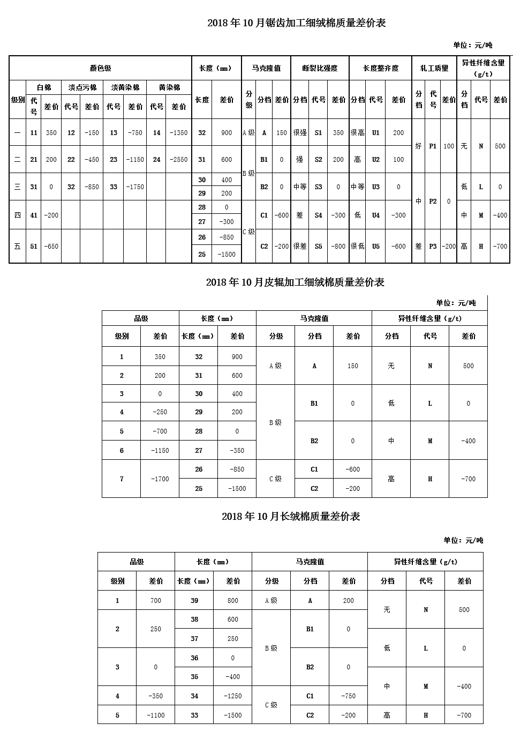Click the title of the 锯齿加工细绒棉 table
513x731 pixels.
(296, 23)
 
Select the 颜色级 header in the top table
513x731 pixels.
(100, 68)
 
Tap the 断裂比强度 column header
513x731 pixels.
(320, 68)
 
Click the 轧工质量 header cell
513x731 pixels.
(434, 68)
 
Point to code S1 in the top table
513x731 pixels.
(319, 133)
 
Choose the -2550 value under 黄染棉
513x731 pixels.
(178, 160)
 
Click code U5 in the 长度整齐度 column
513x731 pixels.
(376, 247)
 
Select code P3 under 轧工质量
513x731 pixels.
(433, 247)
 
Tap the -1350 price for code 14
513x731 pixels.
(178, 133)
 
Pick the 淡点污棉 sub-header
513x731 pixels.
(82, 87)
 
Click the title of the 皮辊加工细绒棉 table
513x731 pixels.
(295, 282)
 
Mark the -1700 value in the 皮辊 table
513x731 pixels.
(160, 479)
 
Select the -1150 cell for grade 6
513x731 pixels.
(160, 451)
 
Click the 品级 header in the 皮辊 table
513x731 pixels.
(140, 318)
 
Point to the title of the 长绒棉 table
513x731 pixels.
(290, 517)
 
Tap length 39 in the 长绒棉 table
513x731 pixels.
(194, 601)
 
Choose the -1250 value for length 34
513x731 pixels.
(233, 696)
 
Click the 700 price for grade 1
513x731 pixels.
(156, 601)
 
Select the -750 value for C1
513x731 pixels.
(349, 696)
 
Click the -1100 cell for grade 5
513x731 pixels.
(156, 715)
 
